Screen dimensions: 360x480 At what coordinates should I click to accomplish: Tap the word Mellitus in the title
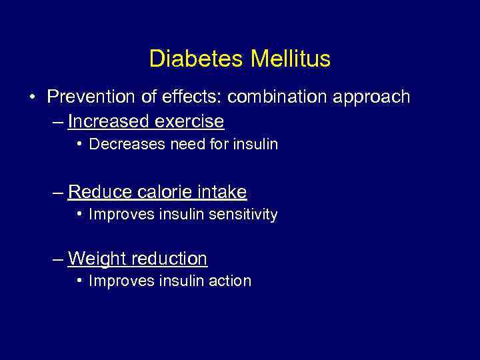291,59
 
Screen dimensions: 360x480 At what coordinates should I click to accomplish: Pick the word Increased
108,121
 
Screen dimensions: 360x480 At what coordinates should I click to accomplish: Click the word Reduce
100,193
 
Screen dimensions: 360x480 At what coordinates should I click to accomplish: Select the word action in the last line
231,281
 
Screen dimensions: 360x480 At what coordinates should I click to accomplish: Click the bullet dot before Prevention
33,97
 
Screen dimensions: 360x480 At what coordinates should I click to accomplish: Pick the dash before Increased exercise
58,122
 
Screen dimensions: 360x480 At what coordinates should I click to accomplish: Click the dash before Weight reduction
58,259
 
